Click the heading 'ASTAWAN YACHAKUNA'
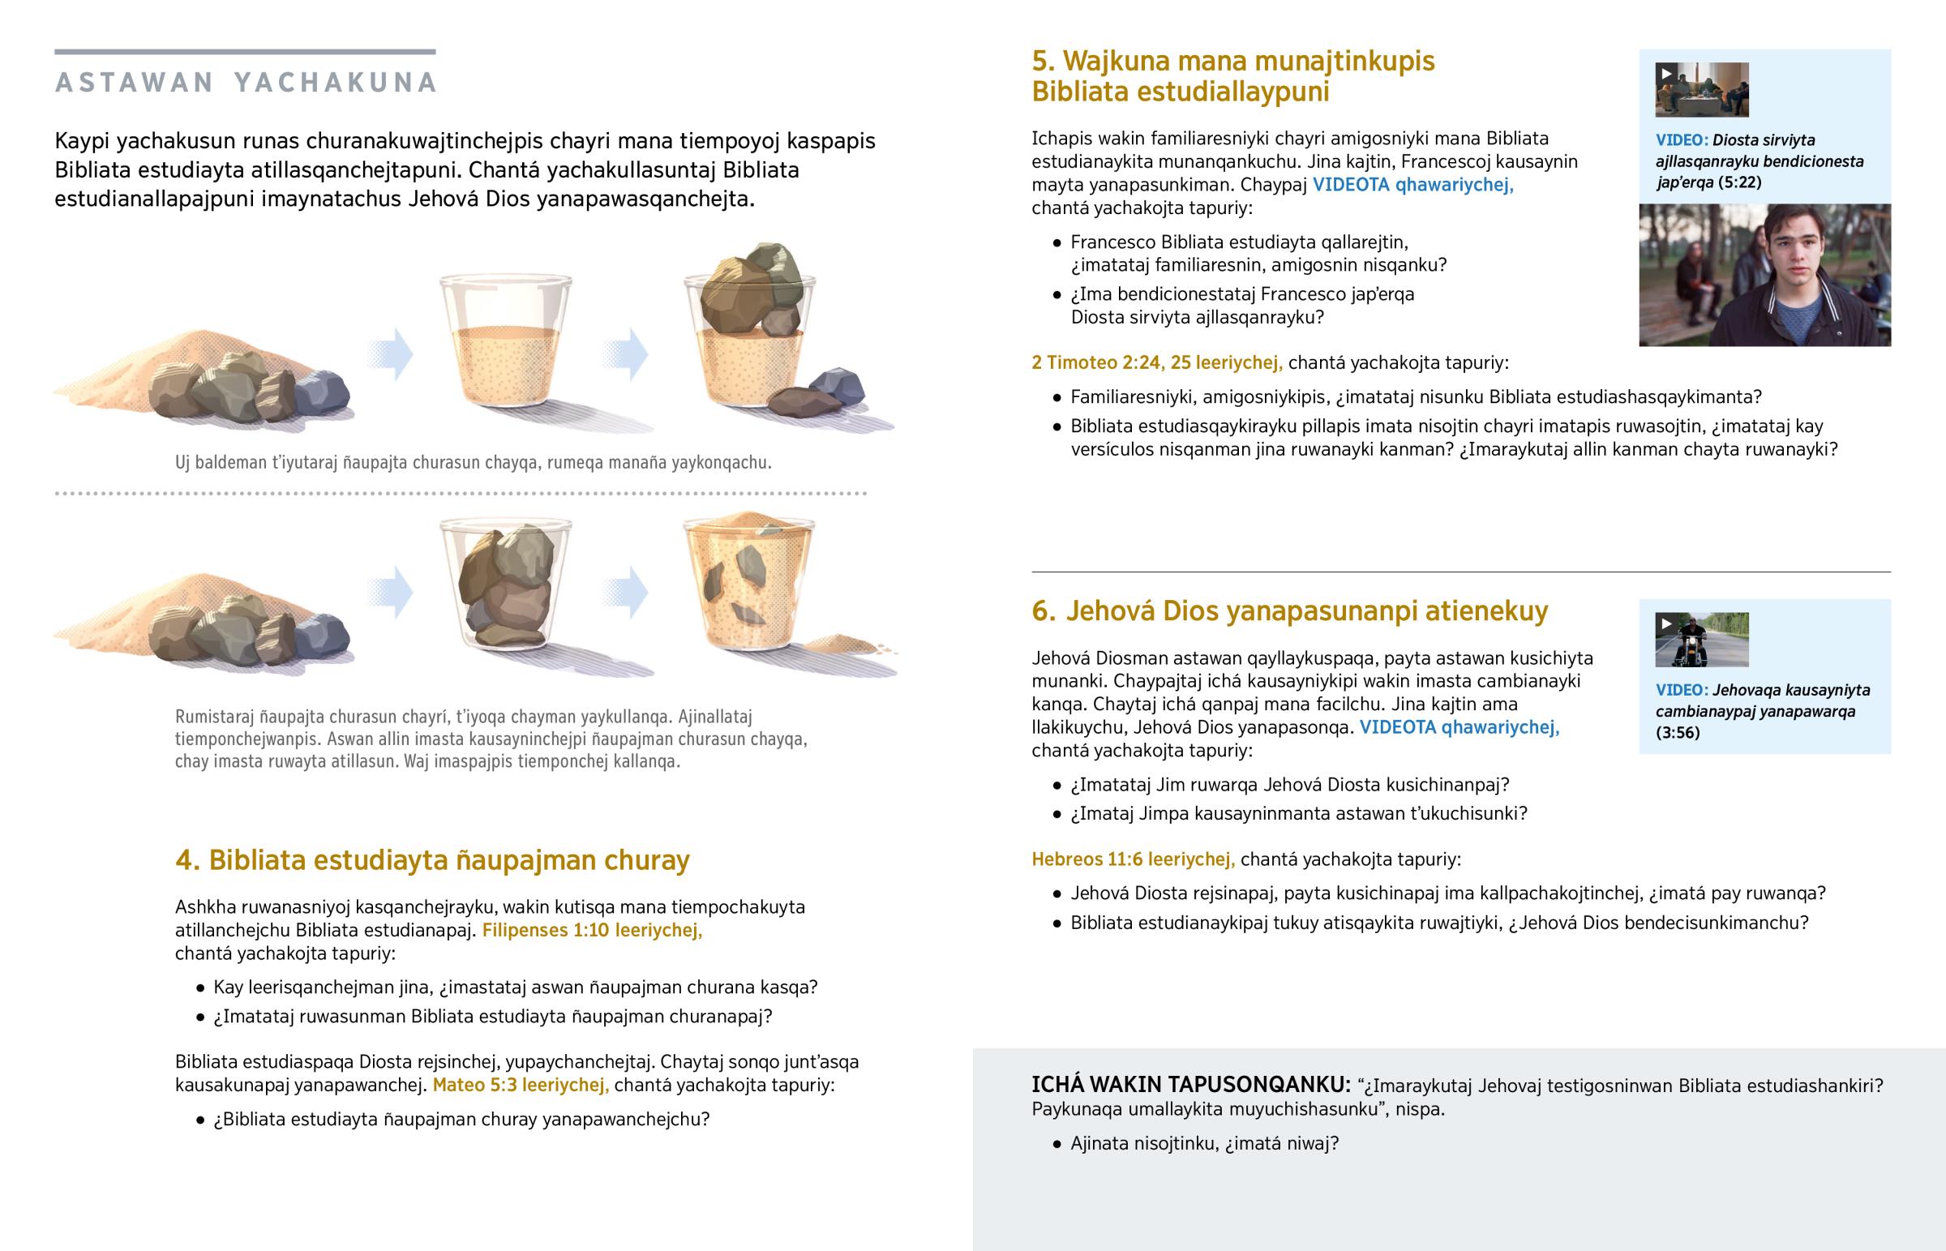247,83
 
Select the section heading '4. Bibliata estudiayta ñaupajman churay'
432,859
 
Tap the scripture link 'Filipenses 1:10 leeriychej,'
592,930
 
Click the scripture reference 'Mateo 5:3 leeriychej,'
521,1085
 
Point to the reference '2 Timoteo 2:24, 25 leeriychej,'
1156,362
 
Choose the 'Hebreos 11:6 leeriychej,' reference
1133,859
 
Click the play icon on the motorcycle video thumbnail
1666,623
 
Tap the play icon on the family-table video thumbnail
1666,73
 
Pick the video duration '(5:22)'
1740,182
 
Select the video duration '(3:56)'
1678,733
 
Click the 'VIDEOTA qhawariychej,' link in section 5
1413,184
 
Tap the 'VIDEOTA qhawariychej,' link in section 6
1459,727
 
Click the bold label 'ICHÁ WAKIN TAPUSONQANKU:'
1190,1085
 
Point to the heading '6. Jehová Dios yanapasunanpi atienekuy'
1290,611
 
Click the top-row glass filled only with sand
506,341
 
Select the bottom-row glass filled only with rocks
506,585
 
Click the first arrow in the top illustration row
390,354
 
